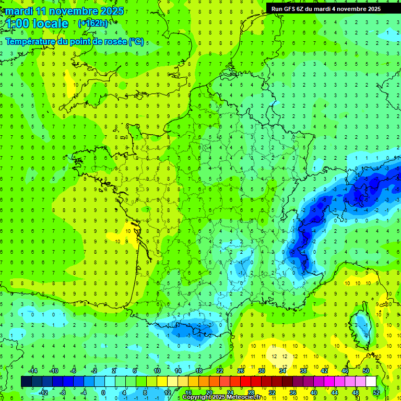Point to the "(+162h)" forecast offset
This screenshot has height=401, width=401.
click(92, 23)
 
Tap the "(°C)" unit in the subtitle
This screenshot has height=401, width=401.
click(136, 42)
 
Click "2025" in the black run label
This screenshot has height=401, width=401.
click(371, 9)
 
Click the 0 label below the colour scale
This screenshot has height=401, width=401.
click(103, 392)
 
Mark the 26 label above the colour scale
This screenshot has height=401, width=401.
click(241, 371)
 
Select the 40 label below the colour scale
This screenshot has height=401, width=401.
click(313, 392)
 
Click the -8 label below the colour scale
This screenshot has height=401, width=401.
click(62, 392)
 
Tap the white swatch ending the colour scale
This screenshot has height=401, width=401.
click(371, 382)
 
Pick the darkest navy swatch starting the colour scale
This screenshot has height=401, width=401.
click(26, 382)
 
